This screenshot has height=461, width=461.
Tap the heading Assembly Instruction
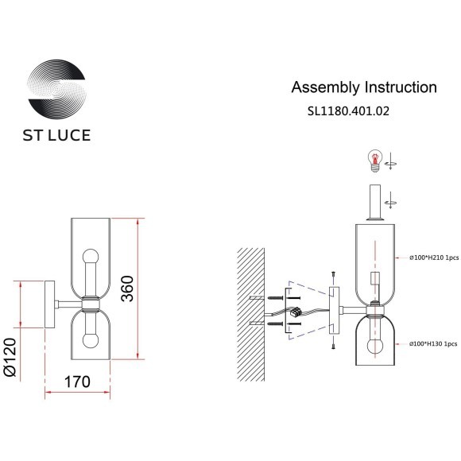point(364,87)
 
